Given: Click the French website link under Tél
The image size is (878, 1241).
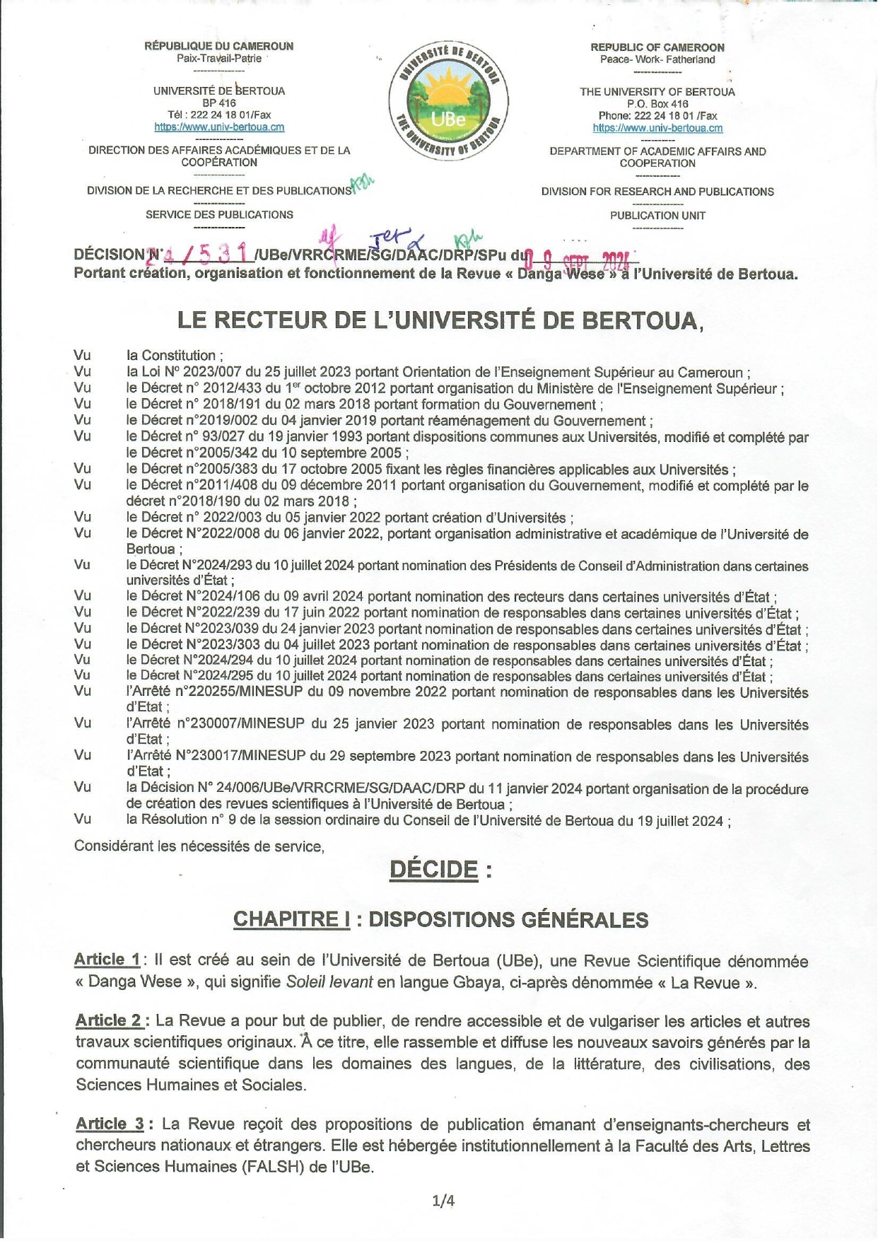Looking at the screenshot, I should click(x=219, y=127).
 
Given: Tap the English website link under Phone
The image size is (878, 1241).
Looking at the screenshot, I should click(x=657, y=128).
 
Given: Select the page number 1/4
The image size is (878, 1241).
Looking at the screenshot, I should click(x=443, y=1200).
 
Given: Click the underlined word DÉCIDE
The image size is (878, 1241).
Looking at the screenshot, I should click(x=433, y=869).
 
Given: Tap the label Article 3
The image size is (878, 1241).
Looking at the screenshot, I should click(x=110, y=1124).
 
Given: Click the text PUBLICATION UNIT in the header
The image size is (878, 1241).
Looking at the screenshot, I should click(x=657, y=216).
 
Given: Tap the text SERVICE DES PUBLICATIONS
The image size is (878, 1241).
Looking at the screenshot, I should click(x=219, y=214).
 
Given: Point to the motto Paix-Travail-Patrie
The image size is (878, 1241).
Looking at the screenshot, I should click(x=219, y=59).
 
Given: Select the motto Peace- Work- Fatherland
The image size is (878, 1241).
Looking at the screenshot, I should click(x=657, y=59).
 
